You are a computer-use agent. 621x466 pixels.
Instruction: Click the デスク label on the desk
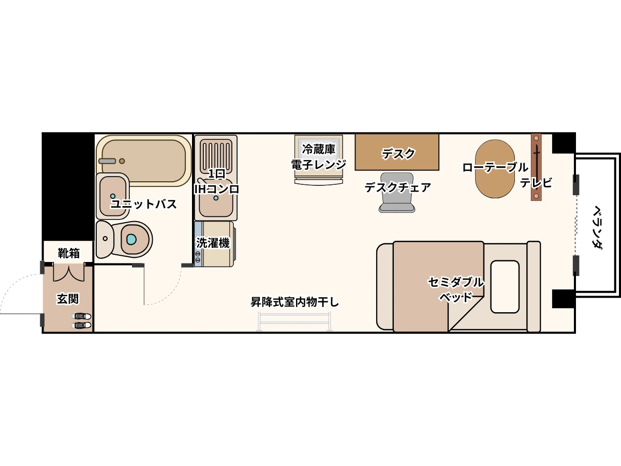coord(398,154)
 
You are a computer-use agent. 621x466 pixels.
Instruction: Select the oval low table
coord(495,169)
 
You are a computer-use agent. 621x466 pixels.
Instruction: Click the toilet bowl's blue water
coord(131,239)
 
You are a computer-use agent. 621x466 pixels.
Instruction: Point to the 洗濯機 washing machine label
coord(213,243)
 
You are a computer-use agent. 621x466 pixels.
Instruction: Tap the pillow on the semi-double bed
coord(505,287)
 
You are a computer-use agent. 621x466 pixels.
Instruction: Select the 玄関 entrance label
coord(68,299)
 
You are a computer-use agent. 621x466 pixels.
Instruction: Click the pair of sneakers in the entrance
coord(81,321)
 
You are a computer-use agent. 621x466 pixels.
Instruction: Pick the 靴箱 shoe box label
coord(69,253)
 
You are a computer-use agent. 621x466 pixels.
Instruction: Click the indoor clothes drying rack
coord(294,322)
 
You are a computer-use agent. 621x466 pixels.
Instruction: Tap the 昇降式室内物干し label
coord(294,302)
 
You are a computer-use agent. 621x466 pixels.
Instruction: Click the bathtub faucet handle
coord(107,161)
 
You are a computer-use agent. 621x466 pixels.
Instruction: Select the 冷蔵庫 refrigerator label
coord(319,149)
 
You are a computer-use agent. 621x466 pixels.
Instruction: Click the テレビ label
coord(536,182)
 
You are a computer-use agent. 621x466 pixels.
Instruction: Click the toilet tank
coord(105,239)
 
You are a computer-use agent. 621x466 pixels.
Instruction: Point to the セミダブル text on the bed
coord(455,282)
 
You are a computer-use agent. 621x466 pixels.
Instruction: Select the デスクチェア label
coord(397,187)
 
